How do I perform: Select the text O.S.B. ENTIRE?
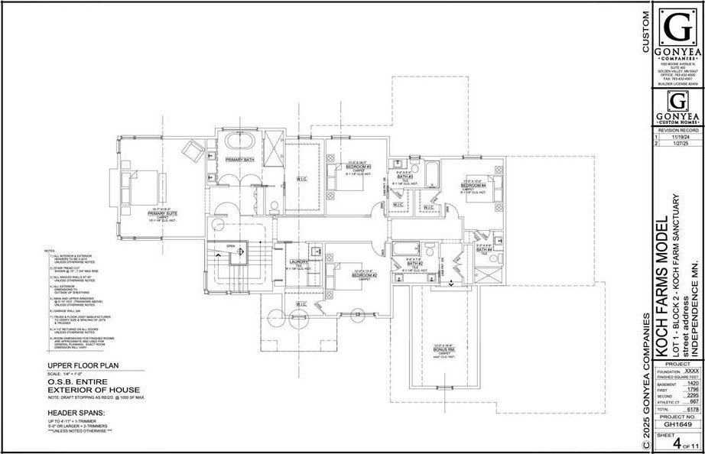coord(65,385)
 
